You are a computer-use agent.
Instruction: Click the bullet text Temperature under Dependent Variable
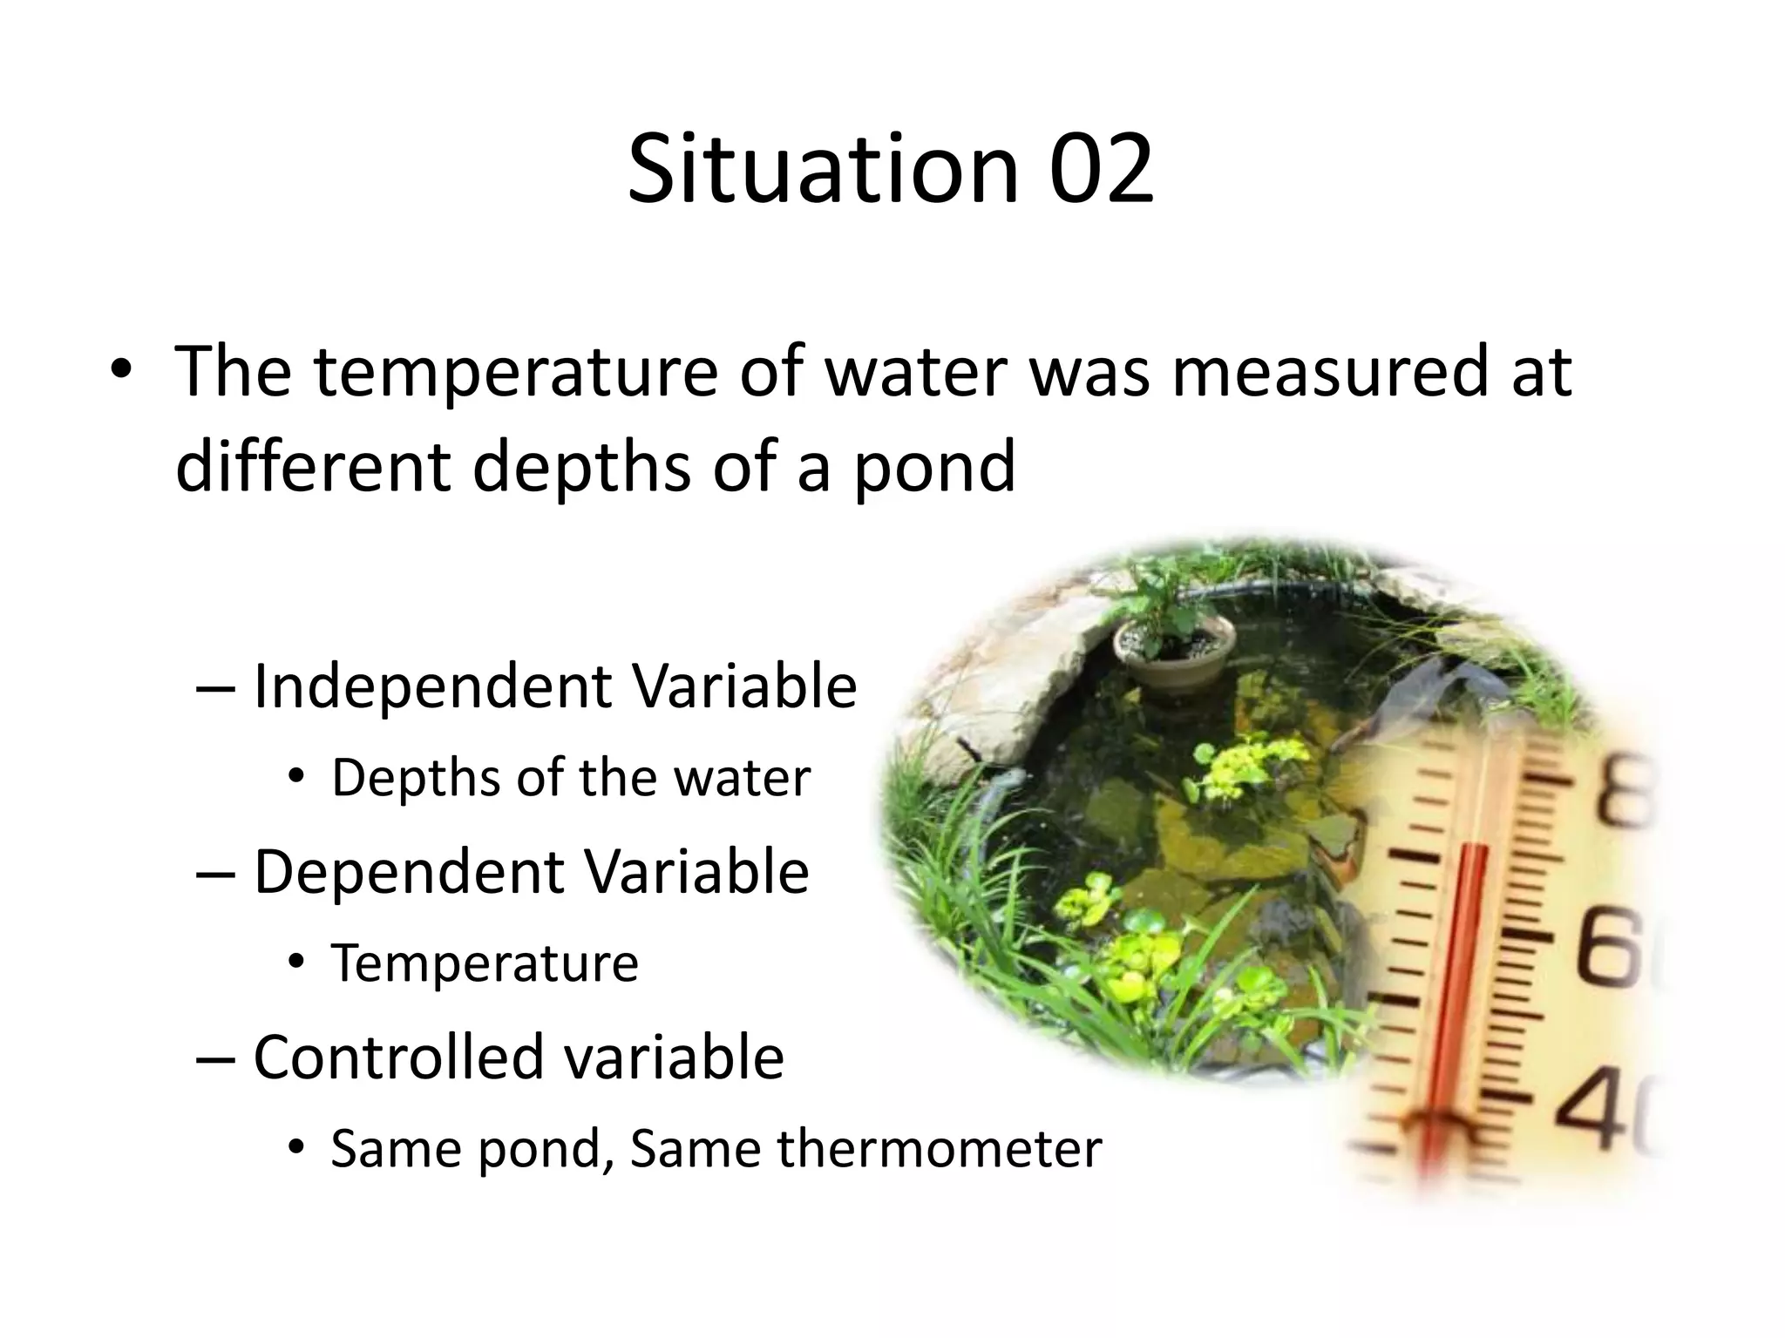(485, 963)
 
